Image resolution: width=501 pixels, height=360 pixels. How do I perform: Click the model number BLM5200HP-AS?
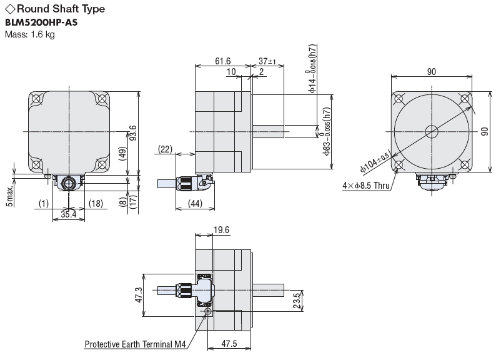click(41, 22)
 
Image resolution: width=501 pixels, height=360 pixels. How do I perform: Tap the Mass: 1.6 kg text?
click(30, 34)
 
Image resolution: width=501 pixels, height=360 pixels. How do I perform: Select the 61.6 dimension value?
click(223, 61)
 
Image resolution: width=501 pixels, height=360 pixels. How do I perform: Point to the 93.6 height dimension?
click(133, 133)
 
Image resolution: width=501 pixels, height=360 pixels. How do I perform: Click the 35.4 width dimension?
click(68, 214)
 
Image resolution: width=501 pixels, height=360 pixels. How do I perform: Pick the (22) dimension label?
click(165, 149)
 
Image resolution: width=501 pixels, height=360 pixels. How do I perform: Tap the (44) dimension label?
click(196, 203)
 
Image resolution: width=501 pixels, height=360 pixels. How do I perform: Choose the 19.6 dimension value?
click(221, 230)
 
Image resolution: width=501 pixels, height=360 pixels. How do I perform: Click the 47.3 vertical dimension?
click(139, 295)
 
